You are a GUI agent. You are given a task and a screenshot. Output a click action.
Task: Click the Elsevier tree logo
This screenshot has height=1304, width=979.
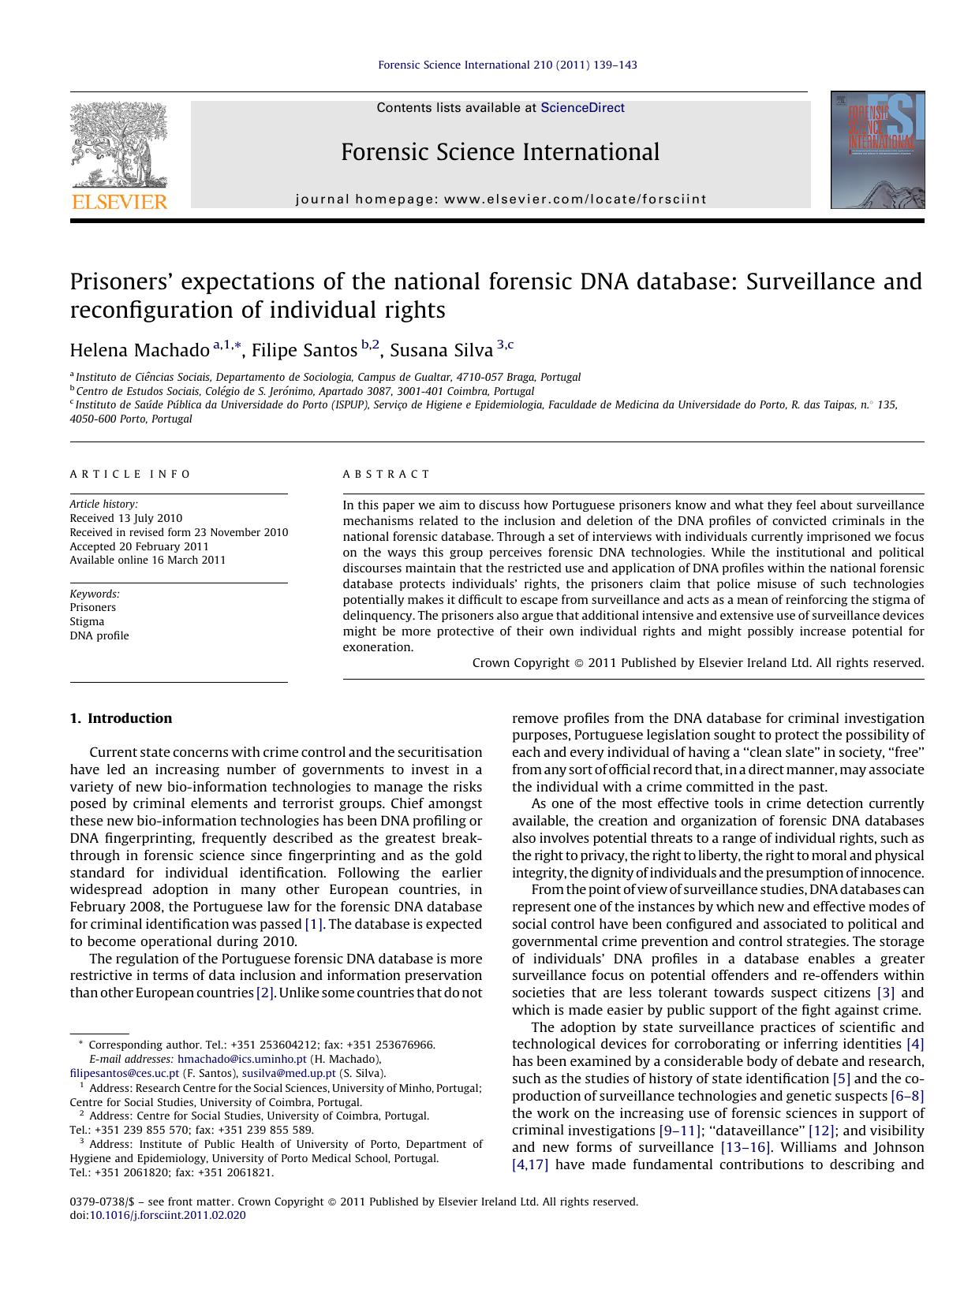119,144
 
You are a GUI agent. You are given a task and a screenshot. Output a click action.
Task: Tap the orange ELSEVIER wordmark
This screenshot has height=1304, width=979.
119,202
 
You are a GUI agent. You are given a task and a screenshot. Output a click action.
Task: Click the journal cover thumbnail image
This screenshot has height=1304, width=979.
877,150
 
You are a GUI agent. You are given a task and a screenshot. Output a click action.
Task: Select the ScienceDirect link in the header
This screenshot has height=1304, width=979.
582,108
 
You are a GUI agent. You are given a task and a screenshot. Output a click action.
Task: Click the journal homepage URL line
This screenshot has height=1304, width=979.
501,199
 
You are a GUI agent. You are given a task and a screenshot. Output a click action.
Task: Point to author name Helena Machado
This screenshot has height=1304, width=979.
140,350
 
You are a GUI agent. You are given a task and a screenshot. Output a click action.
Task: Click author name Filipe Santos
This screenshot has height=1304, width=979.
304,350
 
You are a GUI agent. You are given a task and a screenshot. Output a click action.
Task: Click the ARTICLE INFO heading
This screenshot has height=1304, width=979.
130,474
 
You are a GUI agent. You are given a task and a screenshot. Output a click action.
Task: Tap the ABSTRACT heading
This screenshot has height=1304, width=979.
387,474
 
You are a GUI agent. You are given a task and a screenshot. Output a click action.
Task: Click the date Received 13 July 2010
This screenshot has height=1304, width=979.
126,518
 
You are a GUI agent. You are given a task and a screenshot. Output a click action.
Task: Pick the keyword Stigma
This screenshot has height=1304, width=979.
87,621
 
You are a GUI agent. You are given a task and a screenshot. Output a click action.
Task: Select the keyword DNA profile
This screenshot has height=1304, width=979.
99,635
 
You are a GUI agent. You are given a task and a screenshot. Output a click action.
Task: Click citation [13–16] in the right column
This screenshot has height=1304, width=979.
745,1147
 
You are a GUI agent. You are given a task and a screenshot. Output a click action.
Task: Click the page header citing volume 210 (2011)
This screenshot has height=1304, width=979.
507,65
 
